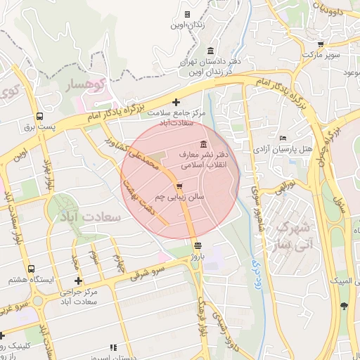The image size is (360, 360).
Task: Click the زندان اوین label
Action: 186,25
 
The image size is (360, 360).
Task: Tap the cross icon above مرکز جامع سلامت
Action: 186,102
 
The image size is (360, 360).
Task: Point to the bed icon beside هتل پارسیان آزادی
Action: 283,137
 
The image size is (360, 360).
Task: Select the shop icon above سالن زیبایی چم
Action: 180,186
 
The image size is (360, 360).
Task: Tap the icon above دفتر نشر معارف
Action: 203,144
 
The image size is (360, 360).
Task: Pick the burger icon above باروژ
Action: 198,246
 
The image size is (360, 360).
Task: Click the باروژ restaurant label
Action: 198,257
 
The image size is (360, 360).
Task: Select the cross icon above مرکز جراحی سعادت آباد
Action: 78,281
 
